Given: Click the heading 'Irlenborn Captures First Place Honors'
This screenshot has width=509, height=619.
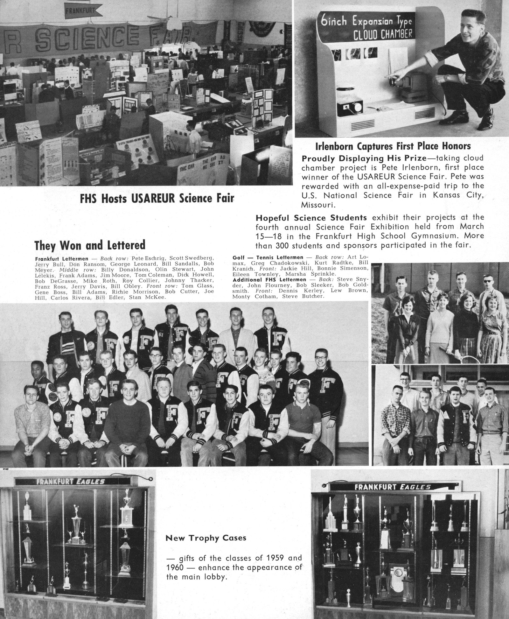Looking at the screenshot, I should pos(393,146).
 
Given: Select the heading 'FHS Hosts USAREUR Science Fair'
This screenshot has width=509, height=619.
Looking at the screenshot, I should pos(157,198).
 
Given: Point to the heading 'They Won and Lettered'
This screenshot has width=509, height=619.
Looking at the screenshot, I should pos(90,245).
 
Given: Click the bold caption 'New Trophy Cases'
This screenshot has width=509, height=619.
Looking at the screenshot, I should pos(206,538).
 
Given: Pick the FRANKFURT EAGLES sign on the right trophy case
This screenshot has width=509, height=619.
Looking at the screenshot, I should pos(392,487).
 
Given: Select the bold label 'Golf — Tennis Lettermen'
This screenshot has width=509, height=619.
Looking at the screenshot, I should pos(268,257).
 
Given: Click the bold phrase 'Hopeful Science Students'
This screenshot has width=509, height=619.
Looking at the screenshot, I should pos(311,218).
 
